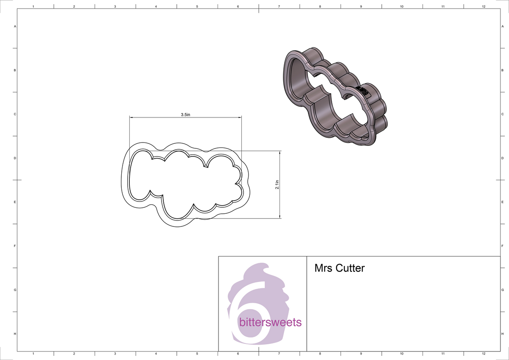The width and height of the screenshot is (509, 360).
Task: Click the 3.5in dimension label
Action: pos(185,114)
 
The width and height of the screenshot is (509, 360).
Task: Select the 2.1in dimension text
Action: pos(277,184)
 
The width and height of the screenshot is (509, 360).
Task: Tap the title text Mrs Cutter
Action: pos(339,268)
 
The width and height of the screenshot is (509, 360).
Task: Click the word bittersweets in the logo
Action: pos(271,322)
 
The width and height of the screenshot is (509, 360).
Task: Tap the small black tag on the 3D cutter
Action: pos(363,90)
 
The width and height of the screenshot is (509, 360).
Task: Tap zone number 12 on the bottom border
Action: pos(484,353)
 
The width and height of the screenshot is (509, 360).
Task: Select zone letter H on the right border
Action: pos(502,334)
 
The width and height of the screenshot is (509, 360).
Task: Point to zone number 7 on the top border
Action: pos(279,6)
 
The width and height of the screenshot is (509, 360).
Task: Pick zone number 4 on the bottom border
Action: pos(156,353)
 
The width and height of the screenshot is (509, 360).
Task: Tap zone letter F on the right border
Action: pos(502,246)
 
